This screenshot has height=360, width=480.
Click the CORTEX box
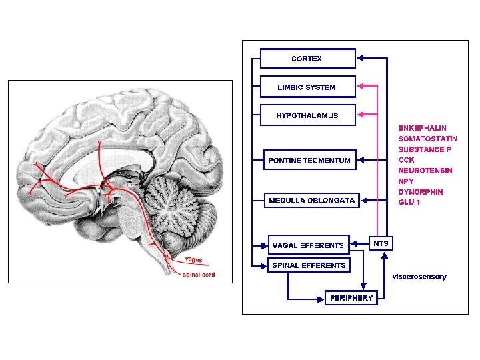[x=307, y=59]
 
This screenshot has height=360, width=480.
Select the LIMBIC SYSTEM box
[x=307, y=87]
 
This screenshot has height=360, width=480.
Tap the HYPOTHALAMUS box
[x=307, y=115]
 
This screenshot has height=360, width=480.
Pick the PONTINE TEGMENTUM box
[x=309, y=160]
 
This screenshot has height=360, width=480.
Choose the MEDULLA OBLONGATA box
[x=311, y=200]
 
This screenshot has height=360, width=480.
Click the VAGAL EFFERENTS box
[x=308, y=245]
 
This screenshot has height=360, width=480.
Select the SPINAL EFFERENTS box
[x=309, y=265]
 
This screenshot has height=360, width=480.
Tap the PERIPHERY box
[x=351, y=298]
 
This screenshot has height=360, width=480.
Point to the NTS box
[x=381, y=243]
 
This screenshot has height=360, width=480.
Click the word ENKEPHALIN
[x=423, y=127]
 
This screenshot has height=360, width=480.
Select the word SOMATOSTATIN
[x=427, y=138]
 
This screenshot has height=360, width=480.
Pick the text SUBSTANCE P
[x=425, y=149]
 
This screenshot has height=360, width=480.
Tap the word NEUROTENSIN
[x=425, y=171]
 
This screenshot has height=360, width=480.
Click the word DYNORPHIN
[x=421, y=192]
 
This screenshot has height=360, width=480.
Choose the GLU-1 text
[x=410, y=203]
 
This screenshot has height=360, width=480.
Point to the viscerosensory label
[x=419, y=276]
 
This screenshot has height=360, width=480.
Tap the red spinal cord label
[x=199, y=275]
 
